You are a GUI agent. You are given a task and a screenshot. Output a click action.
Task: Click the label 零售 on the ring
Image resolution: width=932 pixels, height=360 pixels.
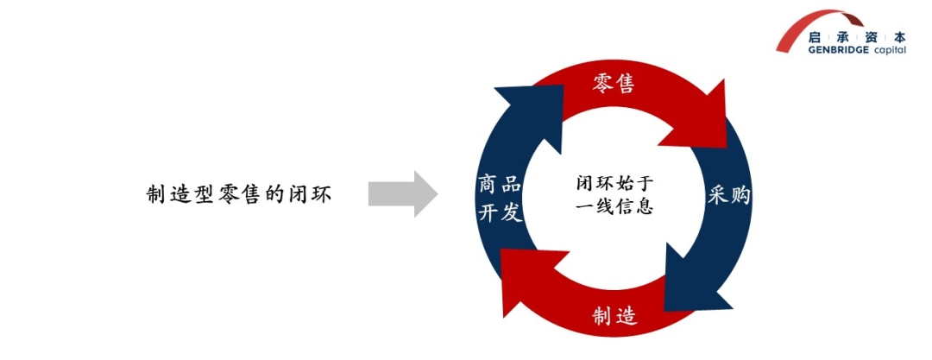coord(614,84)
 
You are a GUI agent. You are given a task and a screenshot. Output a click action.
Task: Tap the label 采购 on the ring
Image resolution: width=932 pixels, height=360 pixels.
coord(729,195)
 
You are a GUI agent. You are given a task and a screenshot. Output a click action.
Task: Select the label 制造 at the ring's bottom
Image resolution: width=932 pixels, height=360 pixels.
coord(614,317)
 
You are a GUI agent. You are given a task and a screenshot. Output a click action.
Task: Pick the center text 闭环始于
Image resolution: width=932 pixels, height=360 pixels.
coord(614,183)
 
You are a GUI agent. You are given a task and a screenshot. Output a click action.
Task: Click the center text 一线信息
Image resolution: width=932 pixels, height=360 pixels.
coord(614,207)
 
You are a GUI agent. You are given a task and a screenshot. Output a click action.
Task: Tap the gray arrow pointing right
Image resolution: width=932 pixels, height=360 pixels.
coord(402,193)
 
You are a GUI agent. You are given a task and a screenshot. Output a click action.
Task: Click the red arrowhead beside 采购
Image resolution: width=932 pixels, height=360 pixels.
coord(698,117)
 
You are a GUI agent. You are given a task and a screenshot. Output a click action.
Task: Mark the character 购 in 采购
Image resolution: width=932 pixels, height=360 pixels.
coord(740,195)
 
